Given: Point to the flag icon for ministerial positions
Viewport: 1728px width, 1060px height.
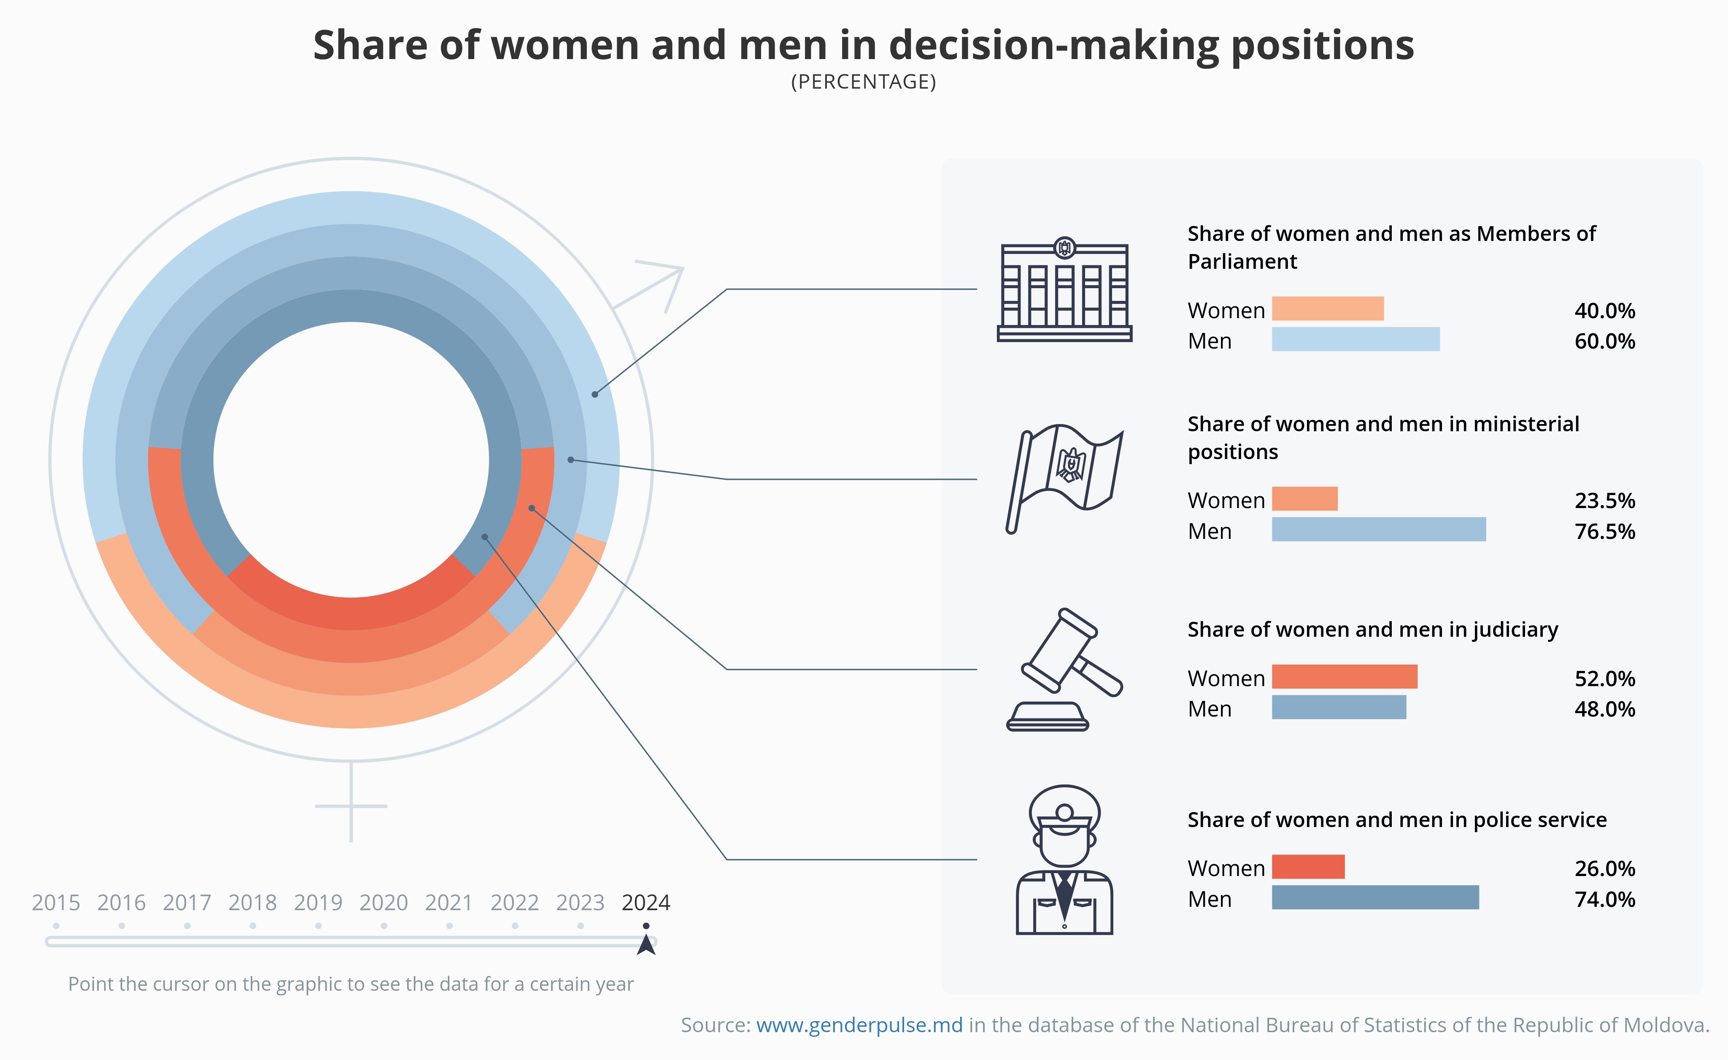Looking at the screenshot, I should click(1064, 479).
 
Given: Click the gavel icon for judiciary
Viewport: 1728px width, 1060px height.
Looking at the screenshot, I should click(1064, 670).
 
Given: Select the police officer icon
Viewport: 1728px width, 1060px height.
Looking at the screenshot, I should click(1064, 860).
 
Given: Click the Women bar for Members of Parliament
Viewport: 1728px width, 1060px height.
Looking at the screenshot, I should click(1328, 308).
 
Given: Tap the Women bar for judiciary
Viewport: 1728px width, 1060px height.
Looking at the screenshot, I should click(1345, 677).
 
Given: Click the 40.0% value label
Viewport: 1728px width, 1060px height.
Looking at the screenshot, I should click(1604, 311).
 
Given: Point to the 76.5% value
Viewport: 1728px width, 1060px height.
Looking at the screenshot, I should click(1604, 532).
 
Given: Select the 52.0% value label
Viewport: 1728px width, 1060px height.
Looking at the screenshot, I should click(1604, 679).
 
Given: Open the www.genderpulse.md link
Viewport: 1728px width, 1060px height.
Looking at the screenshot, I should click(859, 1026).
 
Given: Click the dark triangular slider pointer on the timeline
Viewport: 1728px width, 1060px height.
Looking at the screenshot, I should click(646, 945).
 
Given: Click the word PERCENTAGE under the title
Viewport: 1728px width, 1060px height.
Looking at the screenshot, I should click(863, 82).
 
